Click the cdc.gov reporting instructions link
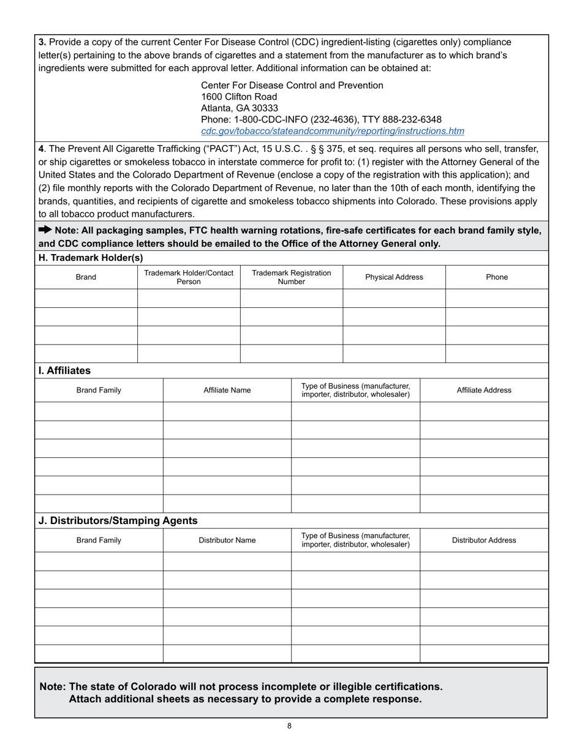coord(332,131)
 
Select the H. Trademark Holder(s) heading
coord(91,258)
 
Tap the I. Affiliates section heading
coord(64,370)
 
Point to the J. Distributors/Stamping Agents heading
coord(118,521)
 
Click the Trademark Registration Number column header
coord(291,277)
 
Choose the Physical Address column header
coord(394,277)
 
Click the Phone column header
coord(496,277)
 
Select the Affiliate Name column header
coord(227,390)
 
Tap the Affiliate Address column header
coord(484,390)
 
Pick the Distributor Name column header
coord(227,541)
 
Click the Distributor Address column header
coord(484,541)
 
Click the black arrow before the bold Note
coord(45,230)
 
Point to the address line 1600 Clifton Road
coord(239,97)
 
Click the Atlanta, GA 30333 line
coord(240,108)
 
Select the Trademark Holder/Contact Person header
coord(189,277)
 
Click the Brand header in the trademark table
coord(86,277)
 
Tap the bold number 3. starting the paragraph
coord(42,42)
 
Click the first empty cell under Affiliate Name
coord(227,411)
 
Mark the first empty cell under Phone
coord(496,298)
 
